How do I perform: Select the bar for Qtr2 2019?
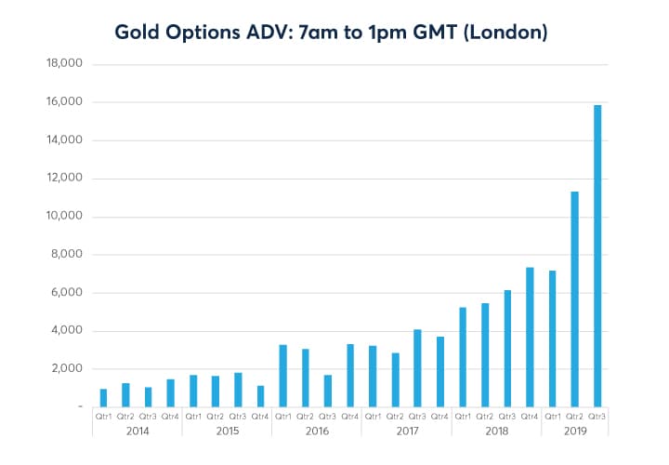pos(575,299)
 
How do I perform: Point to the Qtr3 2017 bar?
pos(417,368)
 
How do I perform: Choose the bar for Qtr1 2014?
pos(103,397)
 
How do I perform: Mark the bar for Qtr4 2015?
pos(261,396)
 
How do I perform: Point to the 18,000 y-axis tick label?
pos(65,64)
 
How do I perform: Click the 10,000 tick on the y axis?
pos(65,217)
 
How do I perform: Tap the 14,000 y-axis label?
pos(65,140)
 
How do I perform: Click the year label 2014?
pos(137,432)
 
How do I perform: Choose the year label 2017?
pos(406,432)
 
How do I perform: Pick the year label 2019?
pos(575,432)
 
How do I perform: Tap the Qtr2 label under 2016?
pos(306,418)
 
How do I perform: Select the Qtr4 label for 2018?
pos(531,418)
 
